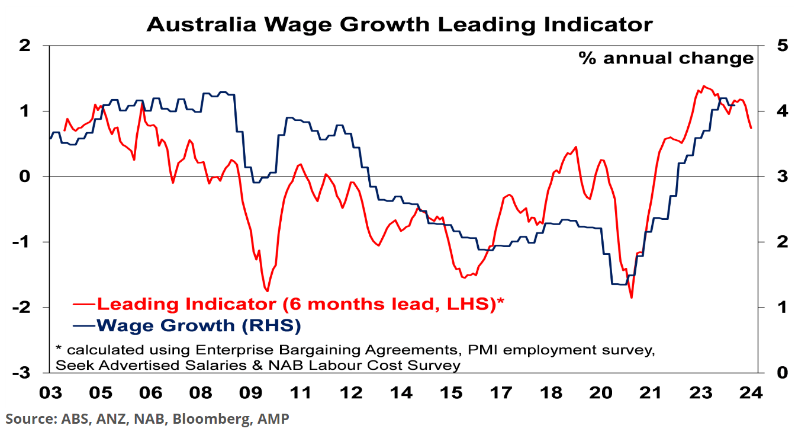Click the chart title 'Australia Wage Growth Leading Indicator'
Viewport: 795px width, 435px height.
(400, 24)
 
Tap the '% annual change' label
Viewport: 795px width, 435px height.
(666, 58)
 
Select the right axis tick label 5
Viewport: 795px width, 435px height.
(771, 46)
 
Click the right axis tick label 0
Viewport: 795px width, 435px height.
(771, 373)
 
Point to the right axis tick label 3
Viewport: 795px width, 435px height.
(771, 177)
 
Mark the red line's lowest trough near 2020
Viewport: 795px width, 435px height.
(632, 298)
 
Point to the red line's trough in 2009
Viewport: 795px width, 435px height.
(268, 291)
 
